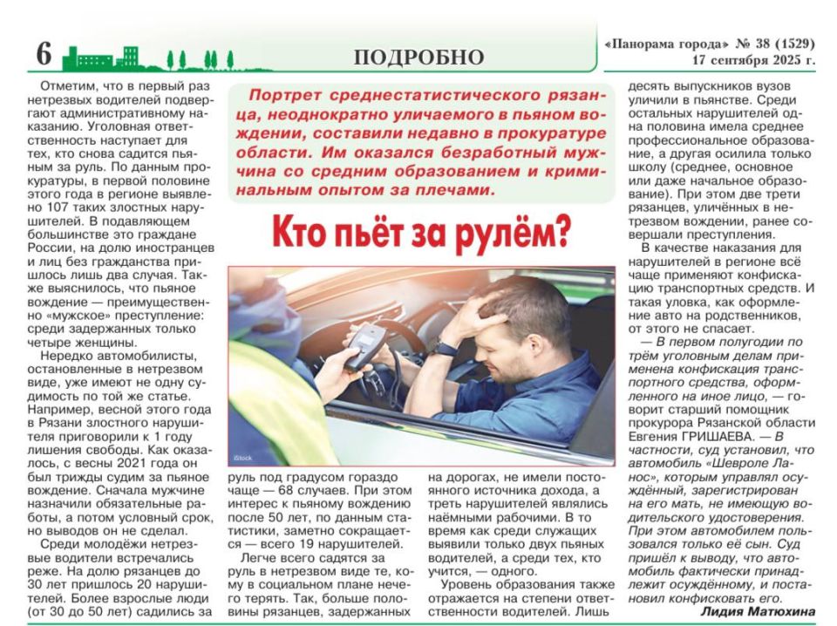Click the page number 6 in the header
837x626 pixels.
pos(44,54)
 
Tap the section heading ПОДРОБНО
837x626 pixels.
pos(418,58)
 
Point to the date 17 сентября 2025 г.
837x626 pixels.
pos(754,61)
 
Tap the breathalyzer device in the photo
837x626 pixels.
pos(362,345)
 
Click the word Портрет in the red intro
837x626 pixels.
pos(276,93)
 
